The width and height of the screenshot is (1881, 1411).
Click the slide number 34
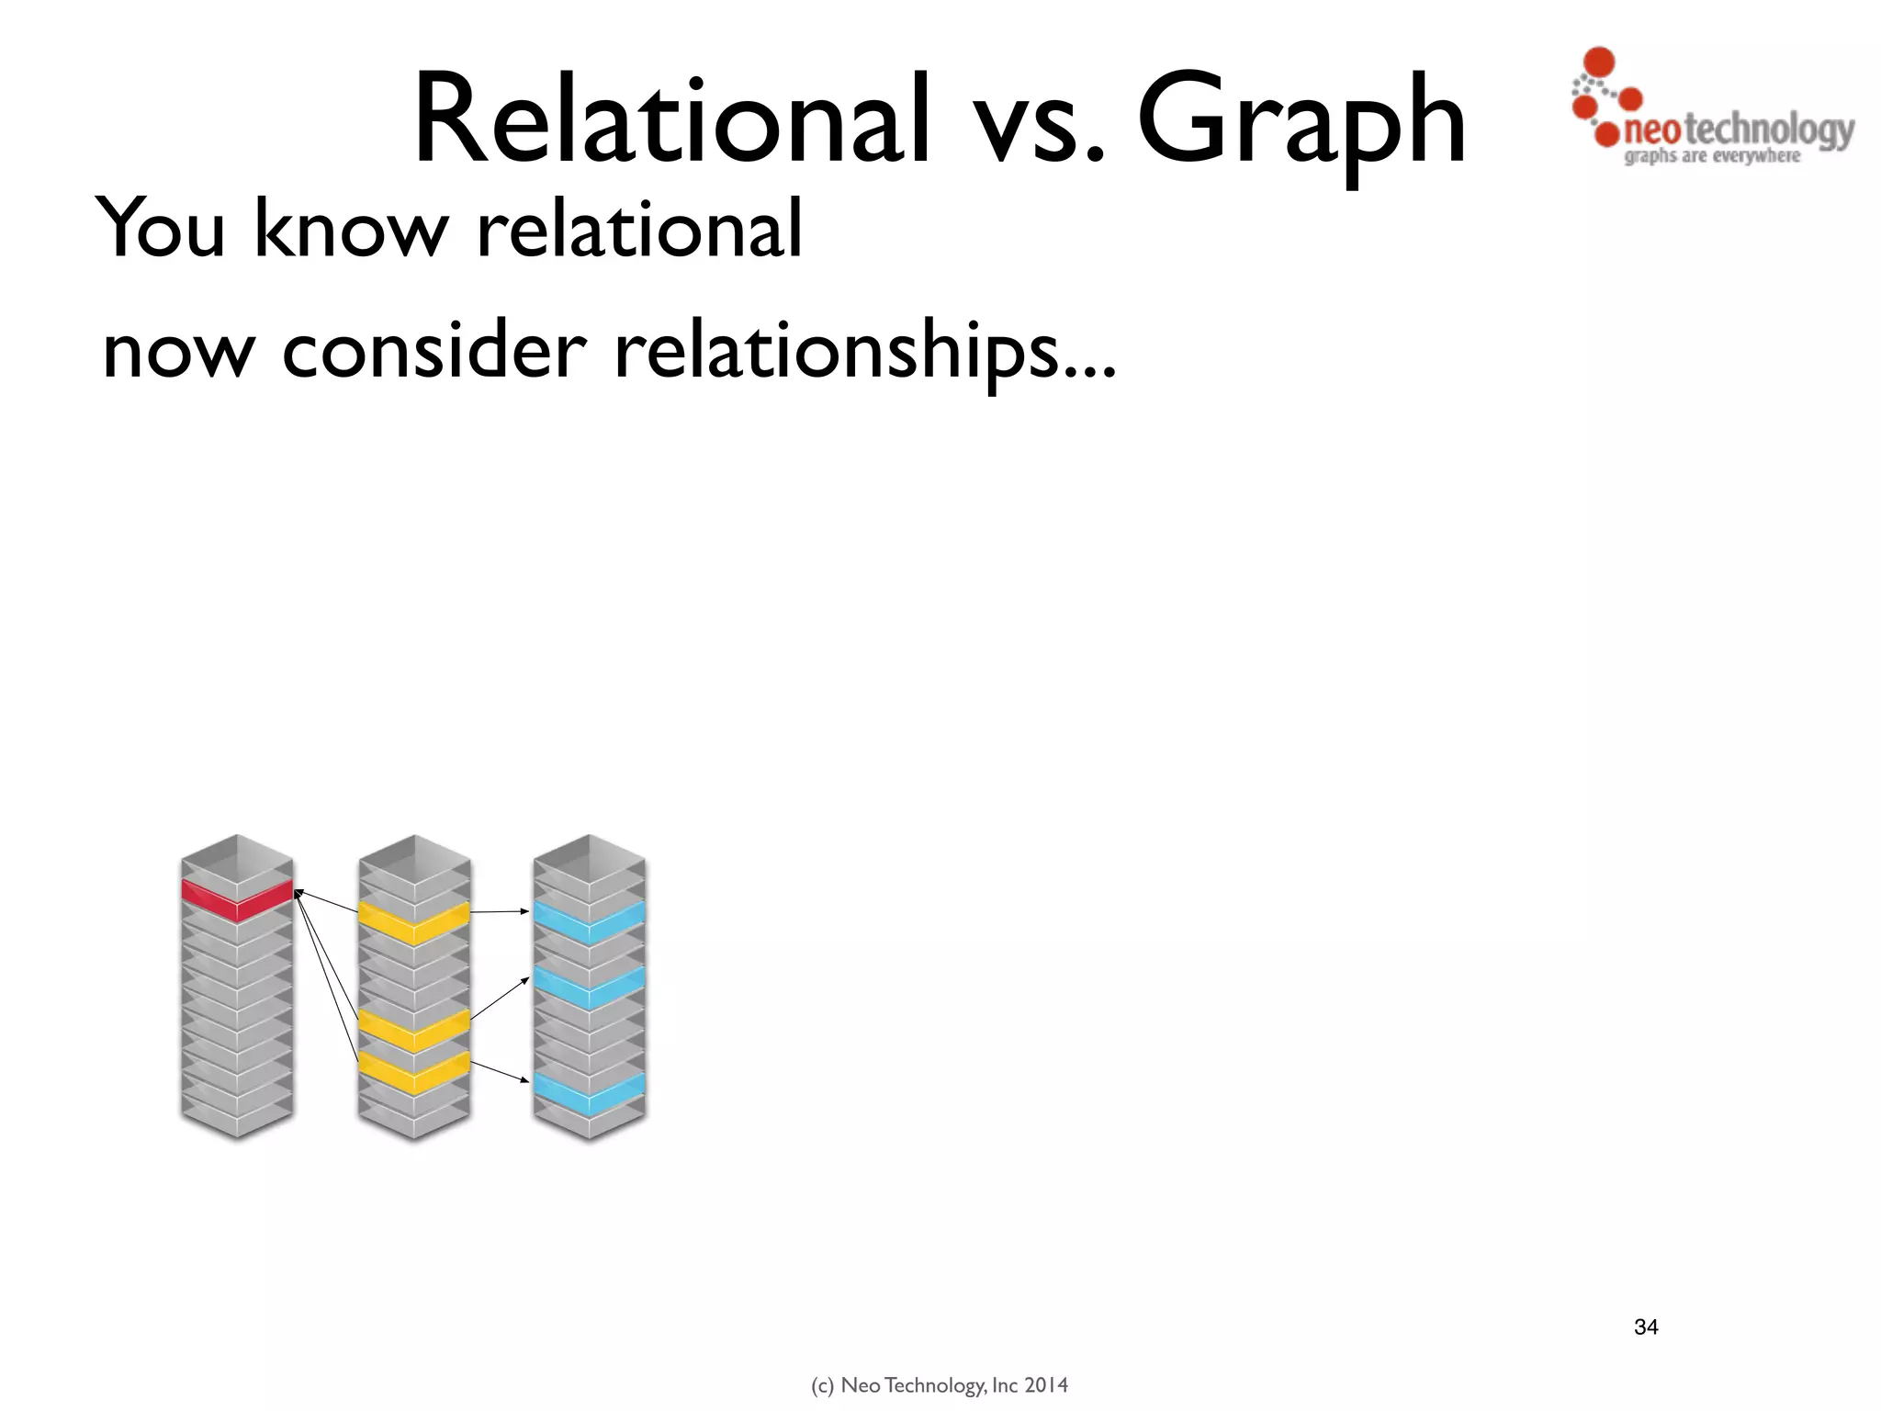1646,1326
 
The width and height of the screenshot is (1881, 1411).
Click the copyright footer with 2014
940,1385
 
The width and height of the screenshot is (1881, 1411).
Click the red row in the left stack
237,899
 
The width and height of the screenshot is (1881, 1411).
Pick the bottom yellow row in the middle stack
413,1071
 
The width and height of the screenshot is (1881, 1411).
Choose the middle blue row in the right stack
589,987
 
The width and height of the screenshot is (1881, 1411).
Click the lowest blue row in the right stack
589,1090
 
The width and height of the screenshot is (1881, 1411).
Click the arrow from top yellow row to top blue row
501,911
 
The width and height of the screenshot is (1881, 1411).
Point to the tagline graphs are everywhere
1712,156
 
